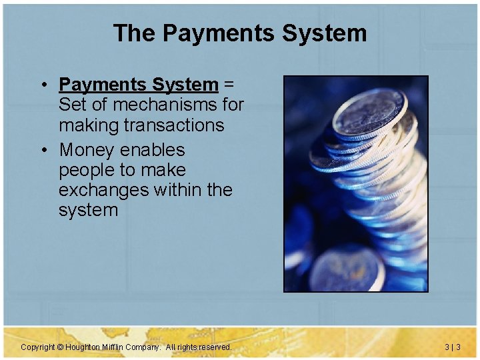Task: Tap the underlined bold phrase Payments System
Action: coord(138,85)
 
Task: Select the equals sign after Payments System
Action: coord(229,85)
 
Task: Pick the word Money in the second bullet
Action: coord(87,150)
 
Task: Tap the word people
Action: coord(88,171)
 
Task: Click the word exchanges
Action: coord(103,190)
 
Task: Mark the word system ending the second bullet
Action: coord(88,210)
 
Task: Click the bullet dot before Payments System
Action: coord(42,85)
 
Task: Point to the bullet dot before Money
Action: coord(42,151)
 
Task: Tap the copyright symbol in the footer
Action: coord(60,347)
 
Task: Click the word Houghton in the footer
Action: coord(85,347)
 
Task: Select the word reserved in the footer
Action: coord(214,347)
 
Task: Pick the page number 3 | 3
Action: coord(453,347)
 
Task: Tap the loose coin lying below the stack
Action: coord(346,269)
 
